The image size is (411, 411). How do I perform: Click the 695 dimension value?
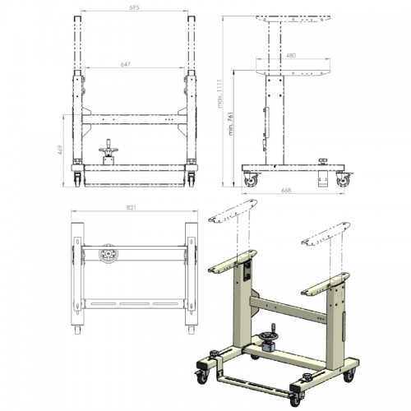pos(134,7)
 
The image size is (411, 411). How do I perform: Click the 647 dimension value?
pos(126,64)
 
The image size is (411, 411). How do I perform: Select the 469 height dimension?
pos(61,150)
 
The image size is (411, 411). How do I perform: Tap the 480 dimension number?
pos(291,56)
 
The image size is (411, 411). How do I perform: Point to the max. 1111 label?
pos(219,94)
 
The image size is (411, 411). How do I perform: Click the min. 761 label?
pos(231,123)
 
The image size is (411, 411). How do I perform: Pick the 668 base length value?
pos(286,190)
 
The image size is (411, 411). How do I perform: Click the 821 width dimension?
pos(132,207)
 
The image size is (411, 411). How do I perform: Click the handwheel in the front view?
pos(109,149)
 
